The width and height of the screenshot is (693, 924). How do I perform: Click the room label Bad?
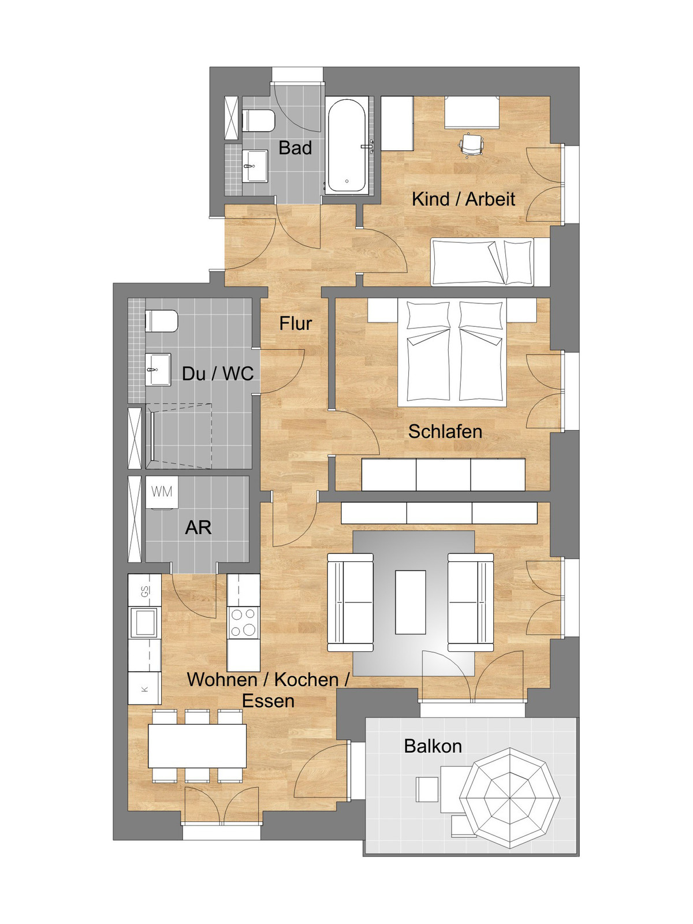coord(295,148)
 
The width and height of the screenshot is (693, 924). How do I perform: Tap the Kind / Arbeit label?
coord(463,199)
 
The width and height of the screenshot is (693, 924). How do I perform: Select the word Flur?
coord(295,323)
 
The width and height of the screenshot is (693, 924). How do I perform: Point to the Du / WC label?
coord(218,374)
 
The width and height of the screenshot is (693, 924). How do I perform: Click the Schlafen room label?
coord(445,431)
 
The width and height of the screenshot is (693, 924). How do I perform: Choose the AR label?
coord(198,527)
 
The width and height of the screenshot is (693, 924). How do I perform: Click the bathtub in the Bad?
coord(346,146)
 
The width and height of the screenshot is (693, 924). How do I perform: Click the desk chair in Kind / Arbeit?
coord(472,145)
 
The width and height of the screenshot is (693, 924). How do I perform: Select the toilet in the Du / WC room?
coord(162,321)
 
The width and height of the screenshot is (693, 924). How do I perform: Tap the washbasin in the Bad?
coord(255,166)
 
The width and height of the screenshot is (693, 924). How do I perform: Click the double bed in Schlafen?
coord(452,353)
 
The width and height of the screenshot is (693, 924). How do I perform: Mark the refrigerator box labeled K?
coord(144,689)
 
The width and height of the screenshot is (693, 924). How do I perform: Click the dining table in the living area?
coord(197,746)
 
